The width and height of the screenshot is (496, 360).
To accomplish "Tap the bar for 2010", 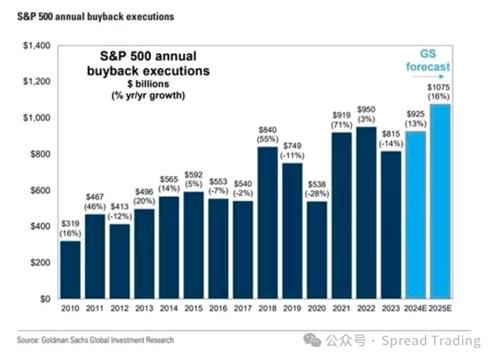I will pos(70,270).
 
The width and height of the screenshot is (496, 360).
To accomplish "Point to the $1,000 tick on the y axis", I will pos(37,118).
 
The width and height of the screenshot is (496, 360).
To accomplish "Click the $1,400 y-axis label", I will pos(37,46).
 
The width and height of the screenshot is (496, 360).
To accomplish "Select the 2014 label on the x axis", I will pos(169,308).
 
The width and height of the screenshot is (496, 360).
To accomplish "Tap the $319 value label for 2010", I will pos(70,224).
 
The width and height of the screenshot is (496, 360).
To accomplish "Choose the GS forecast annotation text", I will pos(428,60).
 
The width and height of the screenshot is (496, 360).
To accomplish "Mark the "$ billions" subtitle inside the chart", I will pos(147,84).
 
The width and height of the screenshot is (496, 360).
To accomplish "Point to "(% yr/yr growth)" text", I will pos(148,95).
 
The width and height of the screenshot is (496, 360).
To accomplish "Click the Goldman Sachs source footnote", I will pos(96,340).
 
